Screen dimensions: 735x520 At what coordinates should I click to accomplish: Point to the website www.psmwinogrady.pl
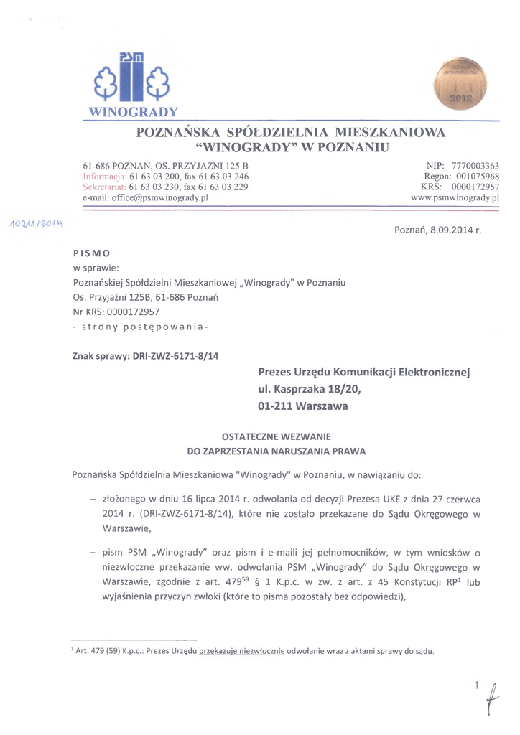coord(455,197)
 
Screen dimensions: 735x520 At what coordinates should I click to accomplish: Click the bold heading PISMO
coord(91,253)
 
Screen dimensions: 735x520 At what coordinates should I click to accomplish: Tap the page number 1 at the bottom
coord(475,686)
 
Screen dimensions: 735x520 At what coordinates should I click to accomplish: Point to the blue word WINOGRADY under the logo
coord(132,113)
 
